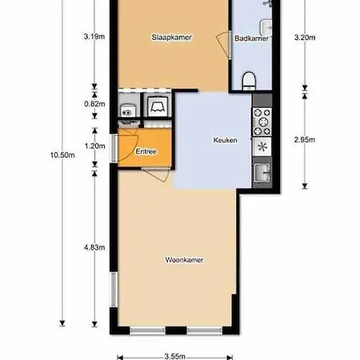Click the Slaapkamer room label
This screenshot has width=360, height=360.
[171, 38]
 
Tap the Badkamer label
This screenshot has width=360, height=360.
[251, 38]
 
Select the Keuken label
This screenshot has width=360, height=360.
[225, 140]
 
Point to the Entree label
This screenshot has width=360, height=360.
[146, 151]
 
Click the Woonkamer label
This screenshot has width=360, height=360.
[184, 260]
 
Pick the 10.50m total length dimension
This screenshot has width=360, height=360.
[62, 155]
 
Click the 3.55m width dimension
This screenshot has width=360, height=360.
[174, 356]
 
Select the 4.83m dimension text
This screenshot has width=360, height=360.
[94, 247]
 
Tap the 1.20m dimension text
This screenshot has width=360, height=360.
[94, 146]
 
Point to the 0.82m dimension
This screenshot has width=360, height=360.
[94, 104]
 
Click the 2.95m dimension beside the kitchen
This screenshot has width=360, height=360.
[305, 140]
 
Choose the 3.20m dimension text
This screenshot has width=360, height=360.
[305, 38]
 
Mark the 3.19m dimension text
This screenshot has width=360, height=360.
[94, 37]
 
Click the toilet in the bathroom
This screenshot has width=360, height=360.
[249, 81]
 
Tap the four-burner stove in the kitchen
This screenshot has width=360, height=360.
[262, 122]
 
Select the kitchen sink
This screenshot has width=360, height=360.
[262, 173]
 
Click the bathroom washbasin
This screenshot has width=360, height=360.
[266, 27]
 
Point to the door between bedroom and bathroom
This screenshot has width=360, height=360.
[223, 46]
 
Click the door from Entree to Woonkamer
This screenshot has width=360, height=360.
[156, 174]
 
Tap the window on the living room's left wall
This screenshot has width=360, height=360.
[114, 290]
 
